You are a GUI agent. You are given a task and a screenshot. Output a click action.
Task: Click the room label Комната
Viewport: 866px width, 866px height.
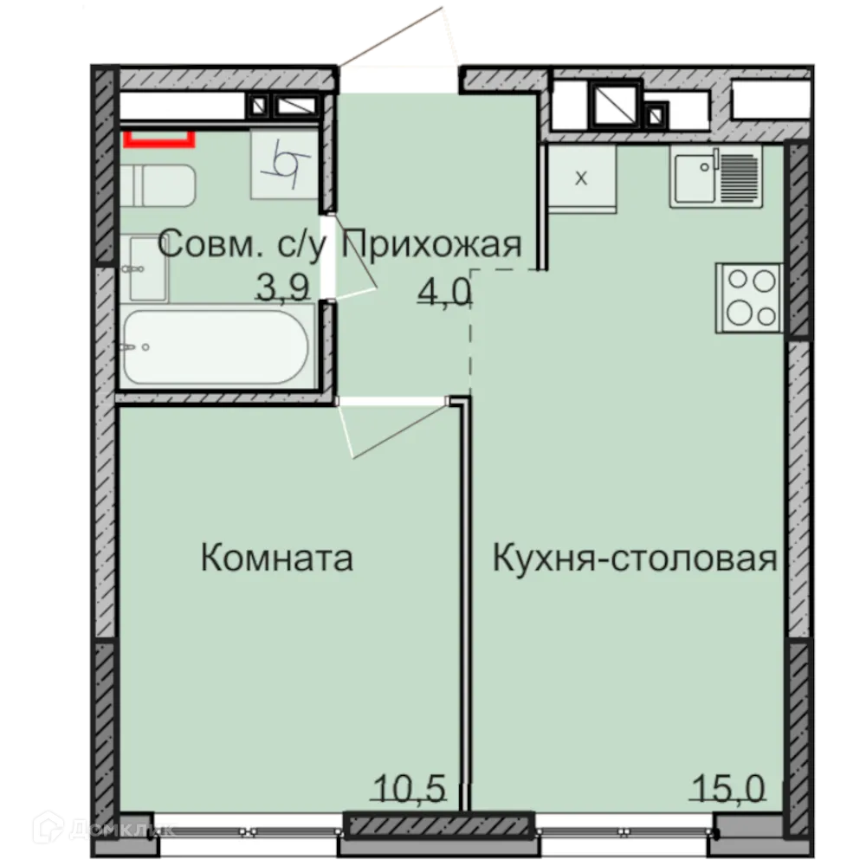pyautogui.click(x=276, y=559)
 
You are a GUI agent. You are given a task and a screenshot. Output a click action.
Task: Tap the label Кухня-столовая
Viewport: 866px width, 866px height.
pyautogui.click(x=634, y=559)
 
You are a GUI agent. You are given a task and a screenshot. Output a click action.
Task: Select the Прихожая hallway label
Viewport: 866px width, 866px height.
pyautogui.click(x=433, y=245)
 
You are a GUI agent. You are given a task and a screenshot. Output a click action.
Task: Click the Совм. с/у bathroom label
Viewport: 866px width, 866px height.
pyautogui.click(x=247, y=245)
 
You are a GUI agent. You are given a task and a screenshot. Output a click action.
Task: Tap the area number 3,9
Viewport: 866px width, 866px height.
pyautogui.click(x=282, y=288)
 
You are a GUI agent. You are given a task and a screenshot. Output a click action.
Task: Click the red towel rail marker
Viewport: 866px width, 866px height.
pyautogui.click(x=158, y=137)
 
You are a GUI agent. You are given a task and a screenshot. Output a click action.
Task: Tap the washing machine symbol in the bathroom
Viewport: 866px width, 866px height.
pyautogui.click(x=285, y=162)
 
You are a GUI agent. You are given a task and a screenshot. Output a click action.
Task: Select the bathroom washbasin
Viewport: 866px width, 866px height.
pyautogui.click(x=147, y=269)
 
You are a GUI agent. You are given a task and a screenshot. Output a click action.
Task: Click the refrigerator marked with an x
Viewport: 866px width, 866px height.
pyautogui.click(x=581, y=178)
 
